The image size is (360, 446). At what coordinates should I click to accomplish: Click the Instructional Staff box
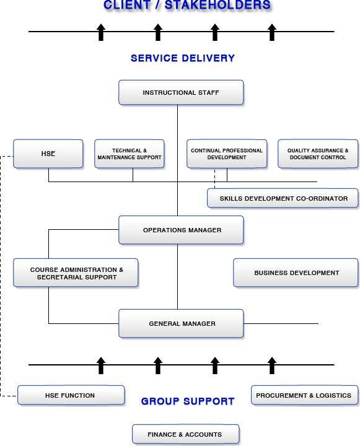click(x=181, y=92)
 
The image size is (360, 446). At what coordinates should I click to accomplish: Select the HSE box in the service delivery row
click(x=48, y=154)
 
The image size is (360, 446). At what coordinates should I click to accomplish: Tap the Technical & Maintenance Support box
click(x=130, y=154)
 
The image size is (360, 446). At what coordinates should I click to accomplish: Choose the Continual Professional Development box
click(x=227, y=154)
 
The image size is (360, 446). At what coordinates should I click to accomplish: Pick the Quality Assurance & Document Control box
click(x=318, y=154)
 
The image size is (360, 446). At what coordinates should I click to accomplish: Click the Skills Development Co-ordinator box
click(x=283, y=198)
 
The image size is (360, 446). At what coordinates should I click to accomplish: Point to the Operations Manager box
click(x=181, y=230)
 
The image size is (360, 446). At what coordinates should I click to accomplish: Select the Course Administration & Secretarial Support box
click(x=76, y=273)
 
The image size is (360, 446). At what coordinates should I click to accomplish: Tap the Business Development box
click(x=296, y=273)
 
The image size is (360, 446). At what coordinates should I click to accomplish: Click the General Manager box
click(x=181, y=323)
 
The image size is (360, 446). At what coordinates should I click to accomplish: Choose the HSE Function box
click(x=71, y=395)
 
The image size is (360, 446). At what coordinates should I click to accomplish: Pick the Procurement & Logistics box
click(x=304, y=395)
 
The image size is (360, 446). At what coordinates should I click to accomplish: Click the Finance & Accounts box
click(x=185, y=434)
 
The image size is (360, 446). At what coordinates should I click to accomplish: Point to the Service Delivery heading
click(x=183, y=58)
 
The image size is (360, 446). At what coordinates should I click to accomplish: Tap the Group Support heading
click(x=188, y=401)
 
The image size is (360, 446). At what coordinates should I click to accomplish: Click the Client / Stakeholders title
click(x=187, y=5)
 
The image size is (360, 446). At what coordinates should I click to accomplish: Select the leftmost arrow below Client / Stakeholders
click(x=101, y=32)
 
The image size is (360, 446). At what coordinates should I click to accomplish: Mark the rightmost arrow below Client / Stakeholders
click(x=272, y=32)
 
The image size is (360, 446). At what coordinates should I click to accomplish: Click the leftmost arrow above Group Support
click(x=101, y=365)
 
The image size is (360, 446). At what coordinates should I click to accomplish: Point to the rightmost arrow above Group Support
click(x=272, y=365)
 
